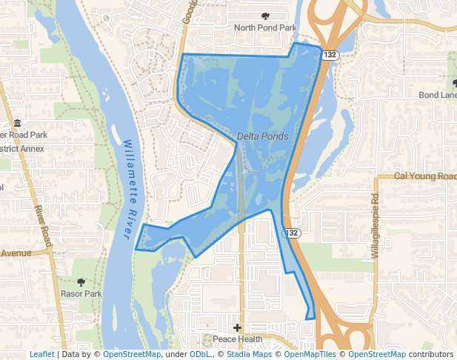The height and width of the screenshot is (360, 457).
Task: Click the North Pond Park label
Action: (264, 28)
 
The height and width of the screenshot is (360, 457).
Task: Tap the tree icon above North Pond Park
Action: (265, 16)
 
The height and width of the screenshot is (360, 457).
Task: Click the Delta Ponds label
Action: (263, 137)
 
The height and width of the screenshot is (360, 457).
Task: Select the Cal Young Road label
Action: (424, 176)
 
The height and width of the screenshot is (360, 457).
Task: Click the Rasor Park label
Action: (81, 294)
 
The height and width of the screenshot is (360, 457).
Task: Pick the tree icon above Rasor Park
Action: (81, 281)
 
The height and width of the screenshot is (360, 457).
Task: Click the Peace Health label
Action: (237, 339)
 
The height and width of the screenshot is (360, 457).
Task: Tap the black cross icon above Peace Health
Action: (237, 327)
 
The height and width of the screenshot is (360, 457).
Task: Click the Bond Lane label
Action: (438, 95)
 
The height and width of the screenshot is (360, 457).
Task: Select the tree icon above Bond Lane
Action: (453, 82)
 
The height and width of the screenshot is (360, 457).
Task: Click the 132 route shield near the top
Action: (330, 55)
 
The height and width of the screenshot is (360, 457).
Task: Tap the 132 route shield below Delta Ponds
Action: (293, 233)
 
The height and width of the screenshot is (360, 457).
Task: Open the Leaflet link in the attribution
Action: (41, 355)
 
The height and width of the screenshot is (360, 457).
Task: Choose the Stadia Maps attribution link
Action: (249, 355)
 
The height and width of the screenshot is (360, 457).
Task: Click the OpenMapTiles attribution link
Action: (310, 355)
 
